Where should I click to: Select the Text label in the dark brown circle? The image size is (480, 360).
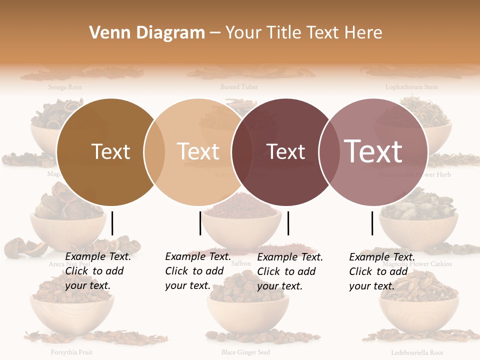tap(110, 151)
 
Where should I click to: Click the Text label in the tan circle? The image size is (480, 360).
tap(198, 151)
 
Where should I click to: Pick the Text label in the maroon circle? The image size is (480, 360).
tap(286, 151)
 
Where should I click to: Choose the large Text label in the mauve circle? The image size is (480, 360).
tap(373, 151)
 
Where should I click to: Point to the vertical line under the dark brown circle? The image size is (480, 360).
tap(112, 223)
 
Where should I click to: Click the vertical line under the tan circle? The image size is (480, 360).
tap(200, 223)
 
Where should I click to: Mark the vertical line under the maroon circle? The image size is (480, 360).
tap(288, 223)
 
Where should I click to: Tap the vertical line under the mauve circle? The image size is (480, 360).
tap(372, 223)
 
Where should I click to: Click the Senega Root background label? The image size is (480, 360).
tap(65, 87)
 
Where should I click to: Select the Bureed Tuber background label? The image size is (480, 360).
tap(239, 87)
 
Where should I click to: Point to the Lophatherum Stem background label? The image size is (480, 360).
tap(411, 87)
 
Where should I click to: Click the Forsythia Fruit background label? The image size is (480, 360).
tap(71, 352)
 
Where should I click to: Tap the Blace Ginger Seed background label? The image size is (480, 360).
tap(245, 352)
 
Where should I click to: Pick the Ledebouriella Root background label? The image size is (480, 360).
tap(417, 352)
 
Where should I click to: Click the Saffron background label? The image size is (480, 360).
tap(241, 263)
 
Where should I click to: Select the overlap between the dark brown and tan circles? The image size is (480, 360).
tap(154, 151)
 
